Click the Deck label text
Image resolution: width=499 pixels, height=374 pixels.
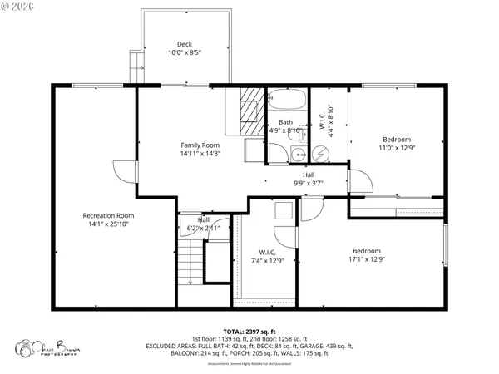pos(185,44)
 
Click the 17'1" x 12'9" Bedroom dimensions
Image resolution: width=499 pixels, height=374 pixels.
pos(367,259)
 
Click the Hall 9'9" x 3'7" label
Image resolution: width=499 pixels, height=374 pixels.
pos(309,179)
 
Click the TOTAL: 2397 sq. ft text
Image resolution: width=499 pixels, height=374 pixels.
pos(249,332)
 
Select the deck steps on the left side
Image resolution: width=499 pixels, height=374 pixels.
pos(135,63)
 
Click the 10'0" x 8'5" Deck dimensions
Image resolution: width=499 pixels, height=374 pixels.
pos(185,52)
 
